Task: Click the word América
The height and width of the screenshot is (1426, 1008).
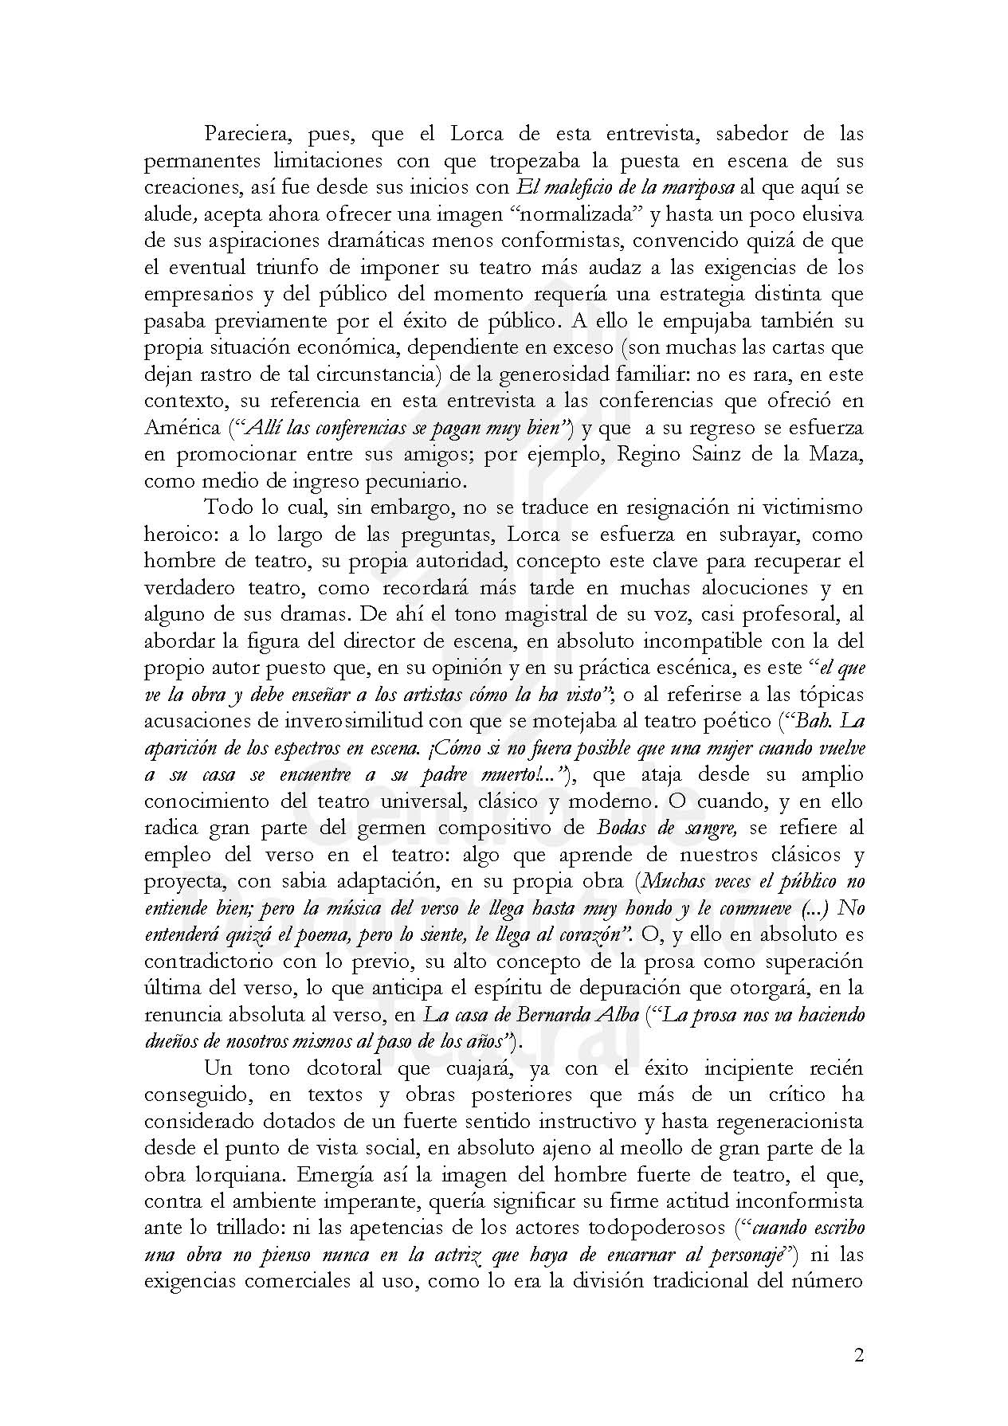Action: click(182, 428)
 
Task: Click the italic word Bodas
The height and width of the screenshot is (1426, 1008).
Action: click(621, 828)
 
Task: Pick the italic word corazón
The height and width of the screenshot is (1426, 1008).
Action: click(581, 934)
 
